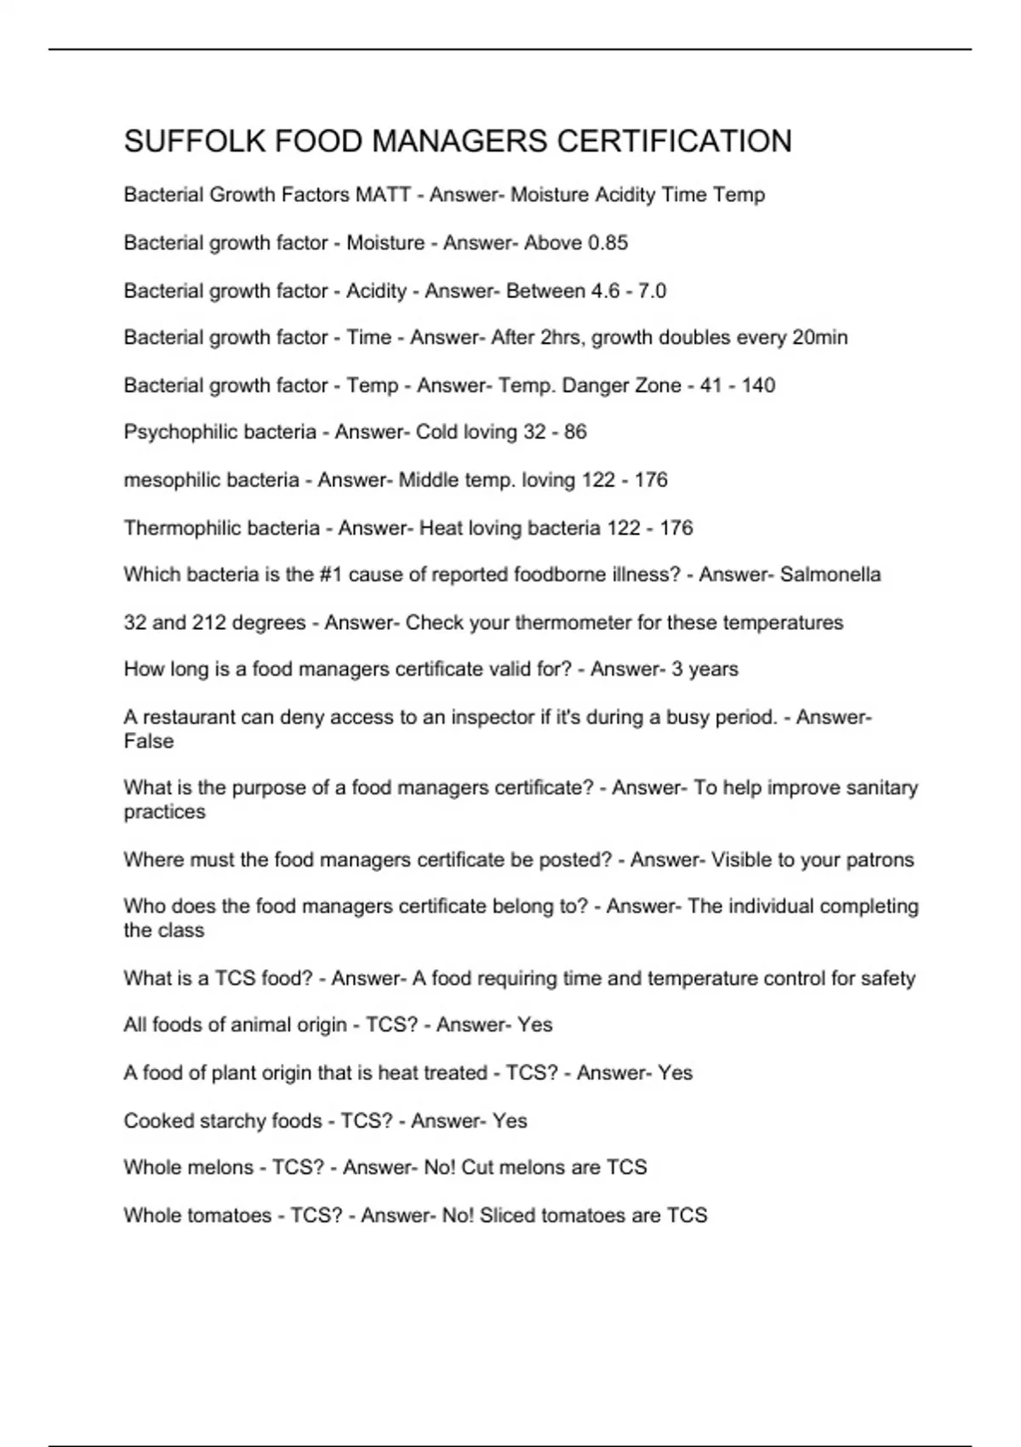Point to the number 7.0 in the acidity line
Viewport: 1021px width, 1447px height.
[652, 291]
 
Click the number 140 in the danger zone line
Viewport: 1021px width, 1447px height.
[758, 386]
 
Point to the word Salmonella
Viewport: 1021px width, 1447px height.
[830, 575]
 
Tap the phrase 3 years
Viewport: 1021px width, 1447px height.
[704, 669]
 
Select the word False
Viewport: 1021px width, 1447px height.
[149, 741]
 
